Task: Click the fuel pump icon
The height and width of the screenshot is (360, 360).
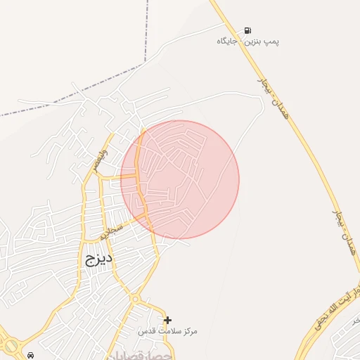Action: coord(247,30)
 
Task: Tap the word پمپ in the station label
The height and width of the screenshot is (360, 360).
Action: coord(271,41)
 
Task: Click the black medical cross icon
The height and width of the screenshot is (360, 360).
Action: coord(167,320)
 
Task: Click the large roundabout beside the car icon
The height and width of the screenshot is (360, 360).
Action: coord(11,345)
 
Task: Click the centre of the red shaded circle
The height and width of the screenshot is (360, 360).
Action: coord(180,179)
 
